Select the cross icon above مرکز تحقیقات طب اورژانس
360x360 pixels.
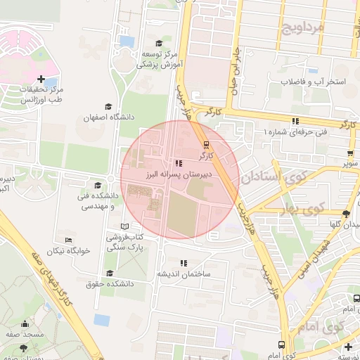click(x=41, y=79)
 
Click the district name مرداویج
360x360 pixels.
click(x=303, y=29)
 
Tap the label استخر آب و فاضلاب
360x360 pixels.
click(x=314, y=82)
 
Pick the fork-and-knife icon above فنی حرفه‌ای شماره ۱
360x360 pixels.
click(x=295, y=121)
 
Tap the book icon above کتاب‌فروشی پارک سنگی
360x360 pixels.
click(x=125, y=226)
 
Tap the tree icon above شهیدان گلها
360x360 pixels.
click(x=345, y=214)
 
